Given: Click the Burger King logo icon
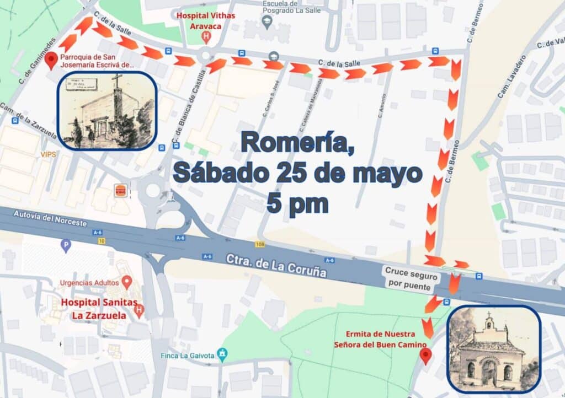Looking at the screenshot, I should [x=120, y=190].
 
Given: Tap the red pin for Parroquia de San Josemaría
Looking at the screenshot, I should [x=52, y=61].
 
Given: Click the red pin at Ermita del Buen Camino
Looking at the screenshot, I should [x=425, y=356].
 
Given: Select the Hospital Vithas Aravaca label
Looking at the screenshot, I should [x=205, y=20].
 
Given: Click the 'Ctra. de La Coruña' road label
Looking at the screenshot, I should [x=276, y=266].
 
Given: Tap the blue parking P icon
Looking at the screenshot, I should [x=66, y=246].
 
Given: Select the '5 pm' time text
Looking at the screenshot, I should [x=297, y=203].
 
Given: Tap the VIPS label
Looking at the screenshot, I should [x=48, y=155].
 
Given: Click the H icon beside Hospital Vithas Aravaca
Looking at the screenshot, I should [x=206, y=37].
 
